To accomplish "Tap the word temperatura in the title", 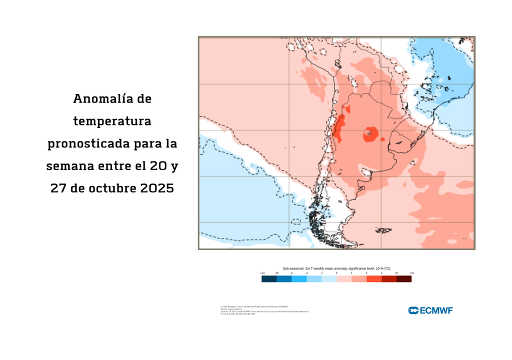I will pyautogui.click(x=112, y=121).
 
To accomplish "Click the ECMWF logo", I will pyautogui.click(x=430, y=310).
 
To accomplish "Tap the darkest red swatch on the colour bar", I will pyautogui.click(x=404, y=279).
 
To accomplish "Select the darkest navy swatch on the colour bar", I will pyautogui.click(x=269, y=279).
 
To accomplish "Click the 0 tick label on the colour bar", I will pyautogui.click(x=336, y=273).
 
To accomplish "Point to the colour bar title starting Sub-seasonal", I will pyautogui.click(x=336, y=268).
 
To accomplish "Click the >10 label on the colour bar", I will pyautogui.click(x=411, y=273).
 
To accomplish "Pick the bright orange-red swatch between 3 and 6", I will pyautogui.click(x=374, y=279).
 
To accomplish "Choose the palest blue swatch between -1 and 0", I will pyautogui.click(x=329, y=279).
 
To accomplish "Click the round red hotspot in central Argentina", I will pyautogui.click(x=371, y=133).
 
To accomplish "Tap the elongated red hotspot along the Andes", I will pyautogui.click(x=338, y=127).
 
